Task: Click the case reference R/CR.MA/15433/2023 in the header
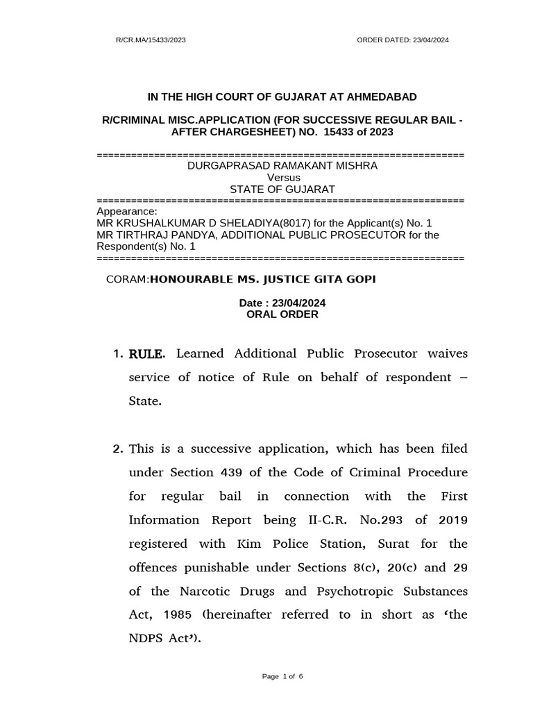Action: click(x=151, y=40)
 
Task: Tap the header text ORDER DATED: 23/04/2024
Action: click(x=403, y=40)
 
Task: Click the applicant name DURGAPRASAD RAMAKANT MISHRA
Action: click(x=282, y=166)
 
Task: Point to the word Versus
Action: click(x=282, y=178)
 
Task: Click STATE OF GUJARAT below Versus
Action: click(x=282, y=189)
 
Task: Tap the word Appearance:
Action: click(x=127, y=212)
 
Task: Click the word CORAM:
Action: click(x=127, y=279)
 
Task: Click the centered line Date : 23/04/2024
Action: click(x=282, y=303)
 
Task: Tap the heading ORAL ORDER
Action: click(x=282, y=314)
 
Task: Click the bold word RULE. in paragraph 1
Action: click(x=147, y=354)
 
